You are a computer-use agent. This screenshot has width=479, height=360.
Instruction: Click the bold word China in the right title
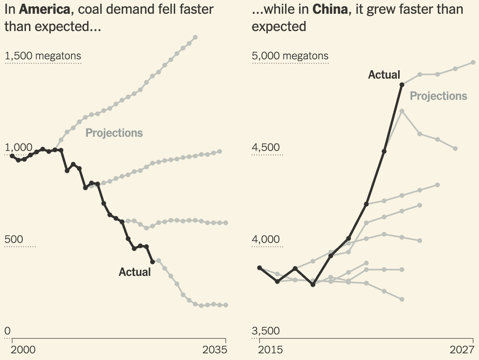(x=330, y=9)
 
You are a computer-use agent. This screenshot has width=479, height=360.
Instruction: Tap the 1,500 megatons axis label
(x=43, y=56)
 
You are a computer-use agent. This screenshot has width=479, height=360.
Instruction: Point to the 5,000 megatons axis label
(x=290, y=56)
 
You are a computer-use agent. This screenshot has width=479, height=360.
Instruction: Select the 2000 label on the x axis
(x=22, y=350)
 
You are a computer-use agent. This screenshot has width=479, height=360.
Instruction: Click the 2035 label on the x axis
(x=214, y=350)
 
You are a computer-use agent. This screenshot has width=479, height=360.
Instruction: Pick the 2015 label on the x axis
(x=270, y=350)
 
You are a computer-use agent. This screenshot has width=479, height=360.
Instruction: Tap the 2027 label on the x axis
(x=462, y=350)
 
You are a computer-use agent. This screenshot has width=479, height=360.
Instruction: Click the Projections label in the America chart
(x=114, y=133)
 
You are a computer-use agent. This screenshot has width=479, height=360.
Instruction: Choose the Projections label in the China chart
(x=439, y=96)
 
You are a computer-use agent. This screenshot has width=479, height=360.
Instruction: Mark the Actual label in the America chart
(x=135, y=272)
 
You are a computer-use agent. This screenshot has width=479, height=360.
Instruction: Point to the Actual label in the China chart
(x=384, y=75)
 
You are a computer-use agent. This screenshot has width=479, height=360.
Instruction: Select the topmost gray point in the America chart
(x=196, y=37)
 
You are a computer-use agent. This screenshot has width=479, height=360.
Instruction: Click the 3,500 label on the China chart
(x=266, y=331)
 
